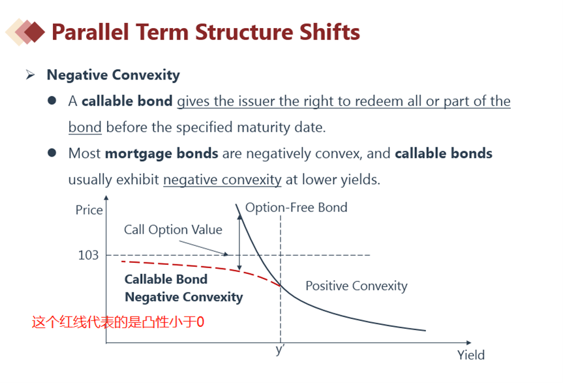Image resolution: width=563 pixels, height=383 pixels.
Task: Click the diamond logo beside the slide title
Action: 25,32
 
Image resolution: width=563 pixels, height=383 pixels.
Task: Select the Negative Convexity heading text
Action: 113,75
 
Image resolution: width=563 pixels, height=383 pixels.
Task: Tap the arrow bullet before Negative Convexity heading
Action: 31,74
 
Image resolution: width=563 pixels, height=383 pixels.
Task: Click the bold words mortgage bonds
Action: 162,153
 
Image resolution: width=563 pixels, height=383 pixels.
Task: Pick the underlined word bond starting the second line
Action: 85,127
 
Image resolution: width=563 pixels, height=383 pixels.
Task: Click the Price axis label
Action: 89,210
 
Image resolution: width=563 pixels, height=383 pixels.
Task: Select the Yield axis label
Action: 471,355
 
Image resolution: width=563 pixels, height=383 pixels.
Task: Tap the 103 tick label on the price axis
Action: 88,255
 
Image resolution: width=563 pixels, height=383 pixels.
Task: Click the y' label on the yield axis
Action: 280,349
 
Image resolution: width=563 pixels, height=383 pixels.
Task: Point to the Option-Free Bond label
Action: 296,207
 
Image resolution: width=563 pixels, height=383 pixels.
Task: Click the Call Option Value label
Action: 173,230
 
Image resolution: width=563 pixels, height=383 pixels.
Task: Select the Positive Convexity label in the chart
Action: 357,286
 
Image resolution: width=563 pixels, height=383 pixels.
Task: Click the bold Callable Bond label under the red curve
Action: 166,279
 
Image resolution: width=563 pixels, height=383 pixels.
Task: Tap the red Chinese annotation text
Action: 118,322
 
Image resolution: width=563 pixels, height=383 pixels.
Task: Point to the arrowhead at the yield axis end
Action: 468,343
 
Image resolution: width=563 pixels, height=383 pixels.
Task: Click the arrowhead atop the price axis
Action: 106,198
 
